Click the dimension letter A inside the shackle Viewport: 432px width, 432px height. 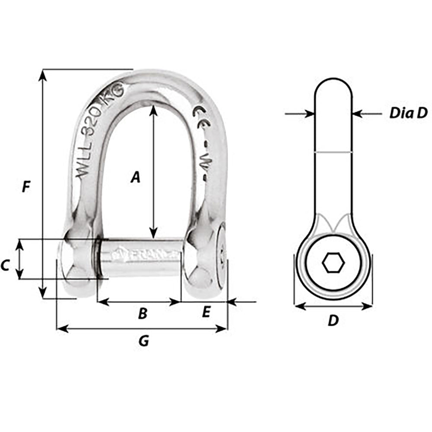136,177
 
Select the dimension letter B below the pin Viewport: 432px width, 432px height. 143,314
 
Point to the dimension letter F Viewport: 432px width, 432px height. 26,187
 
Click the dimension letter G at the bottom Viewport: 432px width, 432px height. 143,341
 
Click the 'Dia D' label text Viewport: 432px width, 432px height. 408,113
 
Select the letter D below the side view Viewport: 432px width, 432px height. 333,321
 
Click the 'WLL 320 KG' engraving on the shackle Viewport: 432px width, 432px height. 99,130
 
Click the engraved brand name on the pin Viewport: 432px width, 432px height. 143,255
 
